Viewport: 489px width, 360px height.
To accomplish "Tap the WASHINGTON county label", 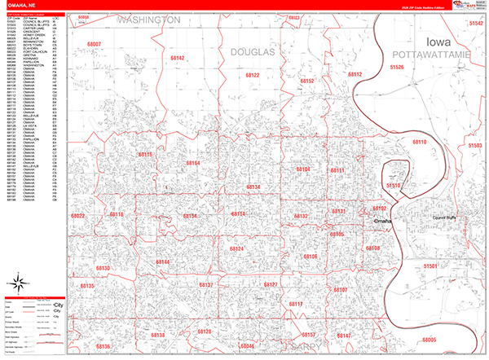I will point(148,19).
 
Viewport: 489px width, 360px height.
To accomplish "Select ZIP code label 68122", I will point(250,75).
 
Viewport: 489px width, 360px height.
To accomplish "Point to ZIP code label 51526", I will point(397,67).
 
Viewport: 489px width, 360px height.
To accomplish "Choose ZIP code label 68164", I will point(192,163).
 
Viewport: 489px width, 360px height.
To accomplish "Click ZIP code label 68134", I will point(253,187).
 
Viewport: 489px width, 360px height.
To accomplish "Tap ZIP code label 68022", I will point(78,216).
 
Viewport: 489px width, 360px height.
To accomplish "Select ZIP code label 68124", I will point(237,248).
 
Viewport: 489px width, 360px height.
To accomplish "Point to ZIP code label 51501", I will point(431,266).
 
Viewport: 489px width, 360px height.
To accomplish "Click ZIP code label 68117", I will point(295,304).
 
